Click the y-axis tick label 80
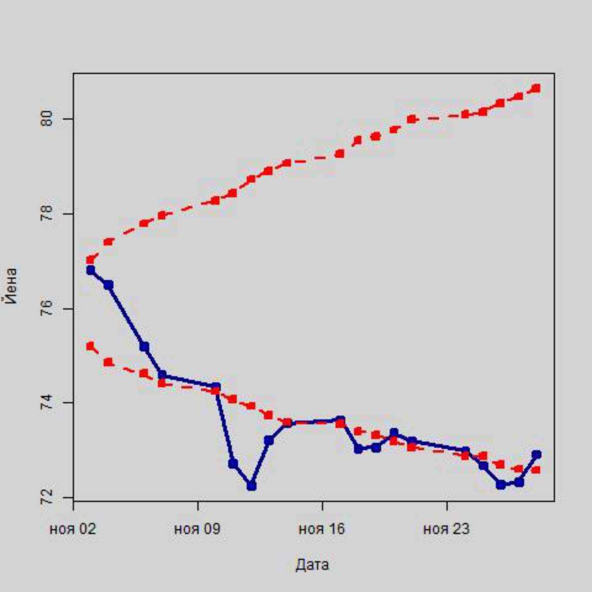click(x=48, y=119)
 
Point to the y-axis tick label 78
click(x=48, y=214)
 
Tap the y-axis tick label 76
click(x=48, y=309)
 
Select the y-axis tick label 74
click(x=48, y=403)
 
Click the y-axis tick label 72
click(x=48, y=498)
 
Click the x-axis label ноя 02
click(x=73, y=529)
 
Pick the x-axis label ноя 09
click(x=197, y=529)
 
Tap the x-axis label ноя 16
click(x=322, y=529)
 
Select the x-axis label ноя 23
click(x=446, y=529)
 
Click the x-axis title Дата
click(x=312, y=564)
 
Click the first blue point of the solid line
click(x=90, y=270)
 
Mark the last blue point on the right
click(x=536, y=454)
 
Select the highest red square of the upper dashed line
click(x=536, y=88)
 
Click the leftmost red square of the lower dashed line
click(x=90, y=346)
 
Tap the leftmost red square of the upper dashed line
click(x=90, y=259)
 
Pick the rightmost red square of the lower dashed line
click(x=536, y=470)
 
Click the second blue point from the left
click(x=108, y=285)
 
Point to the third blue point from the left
click(x=144, y=347)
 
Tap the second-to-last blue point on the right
click(x=518, y=482)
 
